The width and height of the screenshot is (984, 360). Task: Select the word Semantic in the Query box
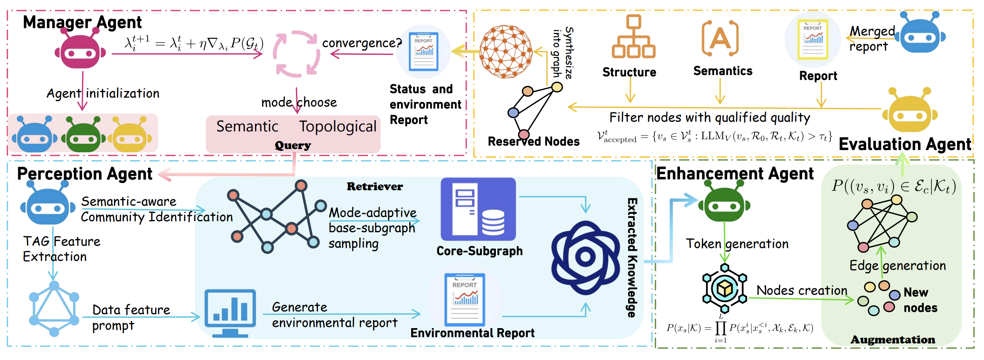pyautogui.click(x=247, y=126)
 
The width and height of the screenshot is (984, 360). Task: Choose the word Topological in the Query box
pyautogui.click(x=338, y=126)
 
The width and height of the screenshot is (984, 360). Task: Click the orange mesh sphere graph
pyautogui.click(x=506, y=51)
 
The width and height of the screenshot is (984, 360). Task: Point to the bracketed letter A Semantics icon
pyautogui.click(x=720, y=38)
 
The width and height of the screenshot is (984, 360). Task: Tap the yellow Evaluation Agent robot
pyautogui.click(x=910, y=112)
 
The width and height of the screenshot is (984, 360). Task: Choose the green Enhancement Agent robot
pyautogui.click(x=724, y=204)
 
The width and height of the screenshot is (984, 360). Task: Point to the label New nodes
pyautogui.click(x=920, y=300)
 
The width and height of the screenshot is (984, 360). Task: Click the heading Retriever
pyautogui.click(x=375, y=187)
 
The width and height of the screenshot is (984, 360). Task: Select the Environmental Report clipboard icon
pyautogui.click(x=465, y=299)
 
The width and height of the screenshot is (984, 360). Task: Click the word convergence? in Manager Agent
pyautogui.click(x=362, y=43)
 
